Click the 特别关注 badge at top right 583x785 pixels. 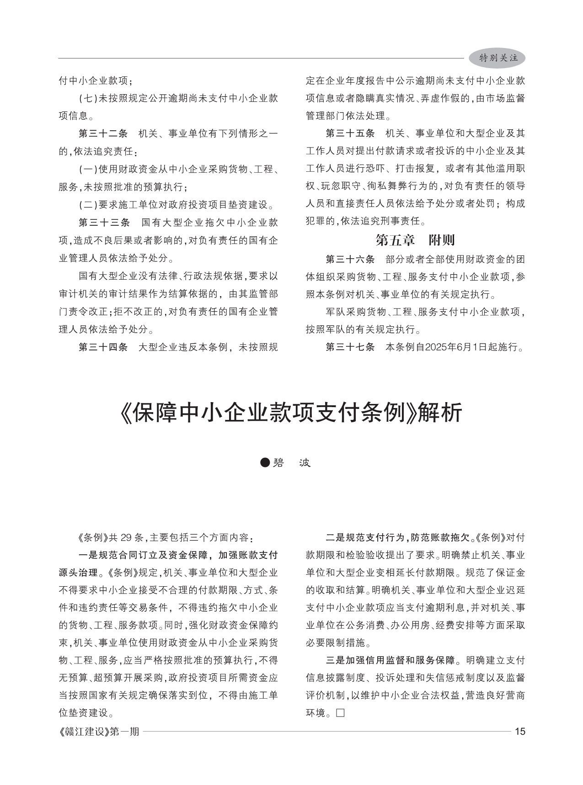pos(498,58)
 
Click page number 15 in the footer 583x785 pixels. pos(520,732)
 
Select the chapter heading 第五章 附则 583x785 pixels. pos(415,240)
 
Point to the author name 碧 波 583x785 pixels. pos(292,463)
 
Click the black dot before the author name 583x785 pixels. pos(265,463)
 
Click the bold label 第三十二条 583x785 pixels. pos(103,134)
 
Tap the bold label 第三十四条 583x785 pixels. pos(103,347)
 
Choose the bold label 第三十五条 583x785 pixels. pos(350,133)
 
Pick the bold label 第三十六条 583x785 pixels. pos(350,260)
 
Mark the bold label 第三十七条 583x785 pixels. pos(350,347)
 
